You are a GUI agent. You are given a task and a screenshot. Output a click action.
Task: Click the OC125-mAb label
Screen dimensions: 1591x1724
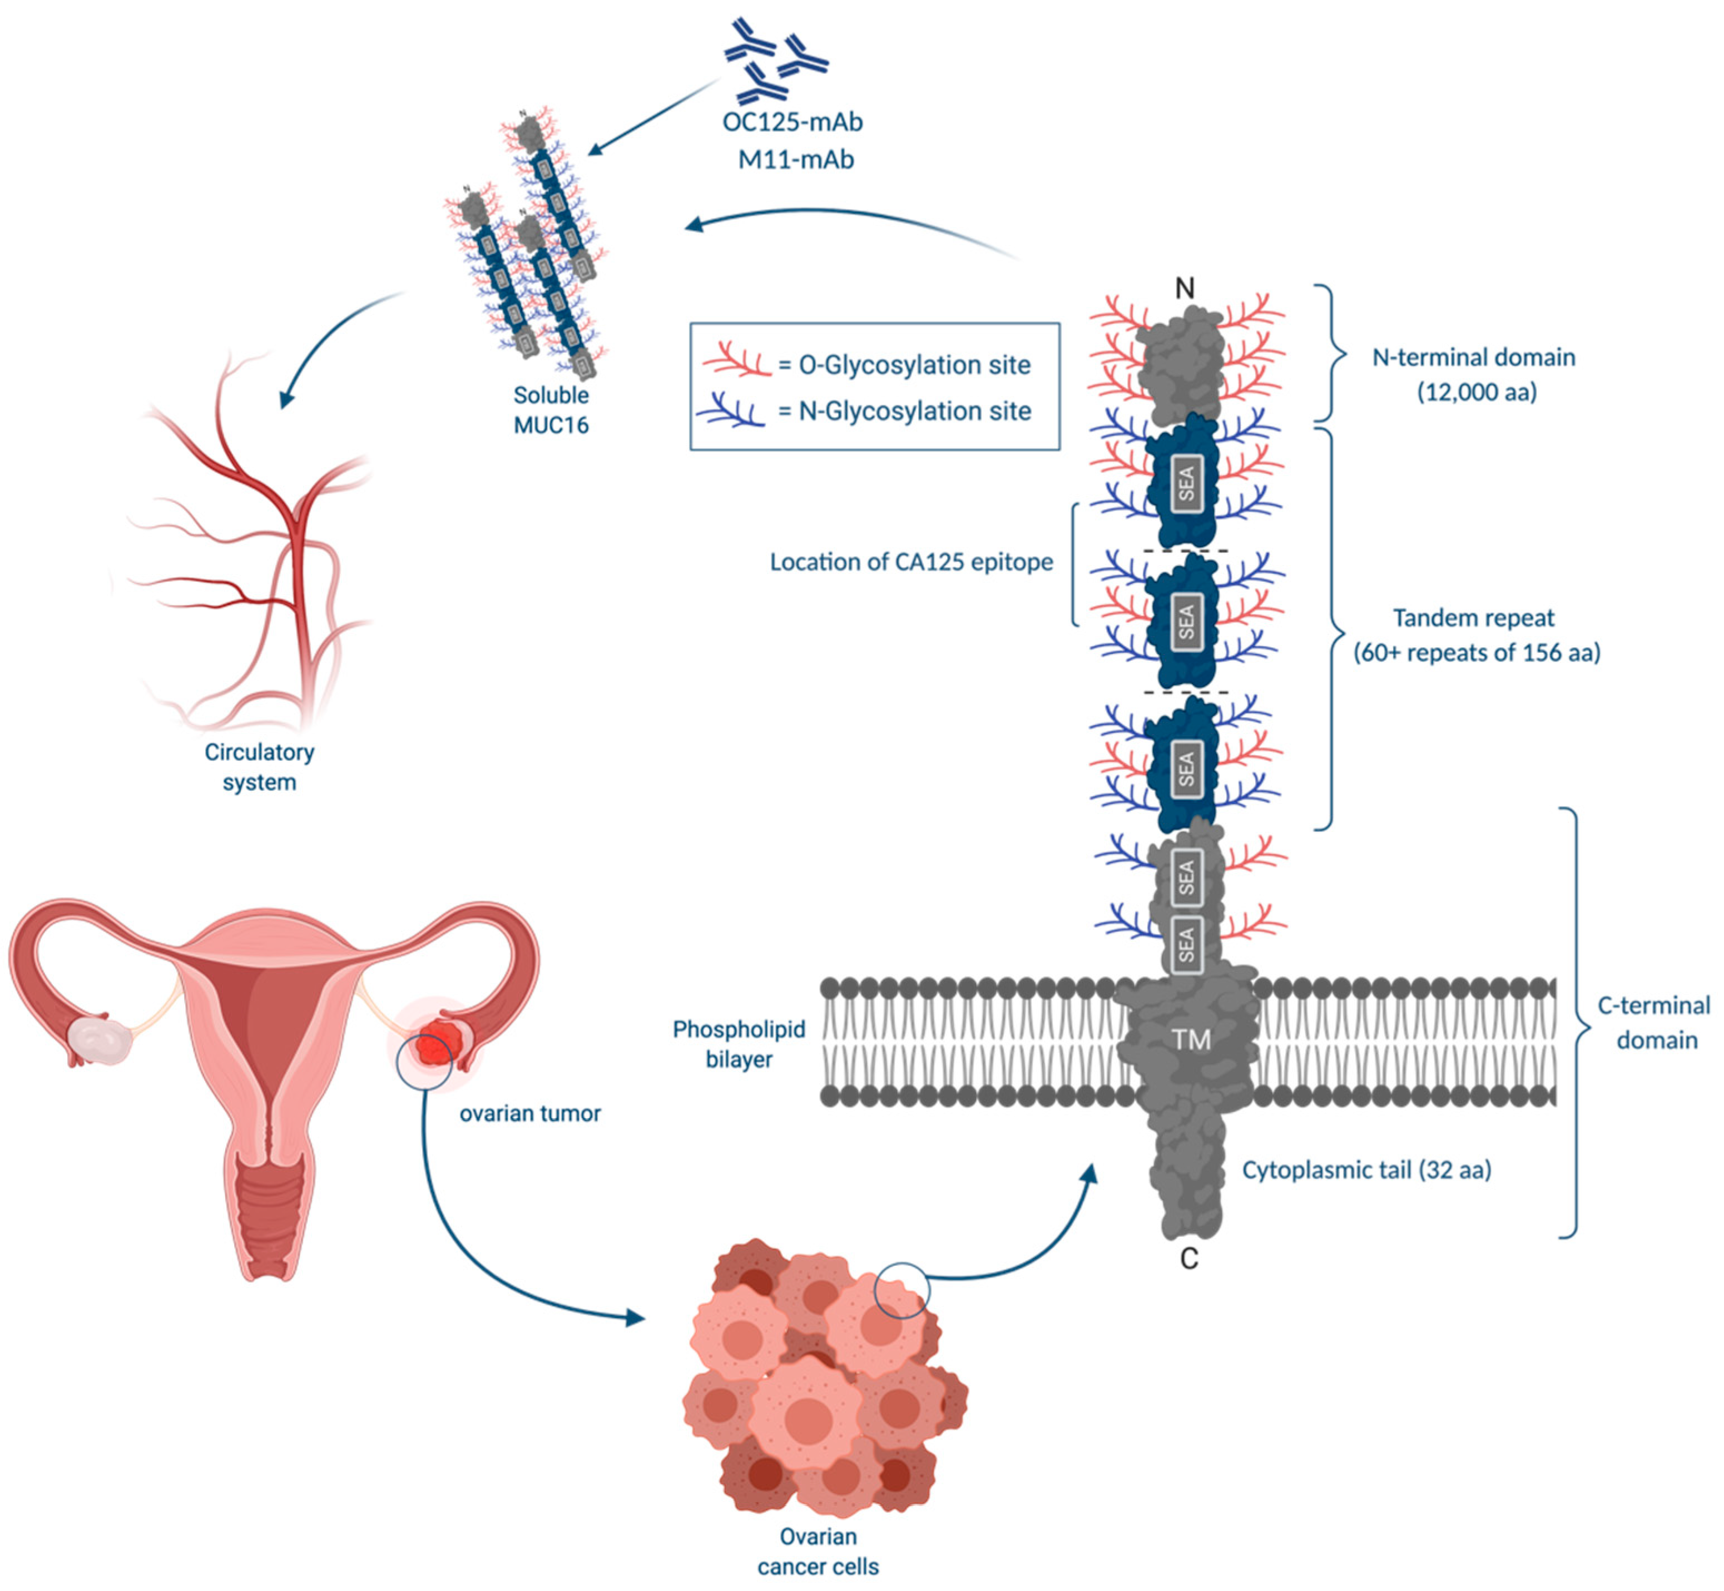pyautogui.click(x=792, y=122)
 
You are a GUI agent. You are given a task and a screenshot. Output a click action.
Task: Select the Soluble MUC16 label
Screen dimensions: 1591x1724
pyautogui.click(x=551, y=410)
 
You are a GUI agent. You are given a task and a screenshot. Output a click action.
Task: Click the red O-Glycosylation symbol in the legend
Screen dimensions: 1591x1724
pyautogui.click(x=736, y=361)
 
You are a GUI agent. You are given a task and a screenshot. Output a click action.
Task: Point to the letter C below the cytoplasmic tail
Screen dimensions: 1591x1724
pyautogui.click(x=1188, y=1258)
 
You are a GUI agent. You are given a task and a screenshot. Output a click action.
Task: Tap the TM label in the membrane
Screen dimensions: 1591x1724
pyautogui.click(x=1191, y=1040)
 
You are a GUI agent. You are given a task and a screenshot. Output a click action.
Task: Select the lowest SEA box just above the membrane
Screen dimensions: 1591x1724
pyautogui.click(x=1187, y=944)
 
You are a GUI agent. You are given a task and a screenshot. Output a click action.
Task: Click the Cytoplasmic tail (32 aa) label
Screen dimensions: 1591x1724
pyautogui.click(x=1366, y=1170)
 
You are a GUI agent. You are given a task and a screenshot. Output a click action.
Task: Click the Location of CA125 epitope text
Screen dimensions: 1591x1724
pyautogui.click(x=911, y=562)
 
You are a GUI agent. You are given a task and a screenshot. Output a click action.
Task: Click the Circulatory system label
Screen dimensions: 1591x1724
pyautogui.click(x=259, y=767)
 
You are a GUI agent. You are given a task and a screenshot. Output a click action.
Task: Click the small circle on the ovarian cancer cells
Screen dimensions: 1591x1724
pyautogui.click(x=901, y=1291)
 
